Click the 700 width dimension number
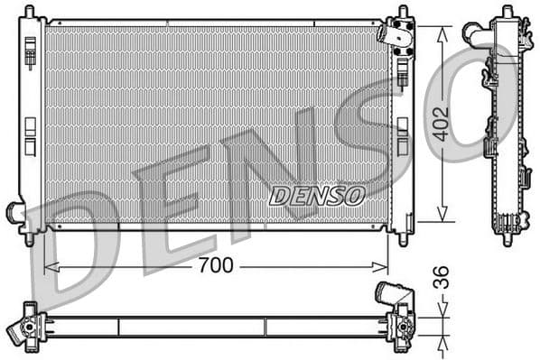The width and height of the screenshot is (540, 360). click(215, 265)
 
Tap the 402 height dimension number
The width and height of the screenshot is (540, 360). click(440, 124)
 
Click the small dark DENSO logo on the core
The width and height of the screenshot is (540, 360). click(316, 195)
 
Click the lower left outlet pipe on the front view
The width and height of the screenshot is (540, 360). click(15, 214)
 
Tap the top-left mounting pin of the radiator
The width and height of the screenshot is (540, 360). click(30, 12)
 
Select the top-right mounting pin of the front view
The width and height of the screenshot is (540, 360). click(403, 12)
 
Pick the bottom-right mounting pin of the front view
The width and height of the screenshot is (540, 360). click(403, 240)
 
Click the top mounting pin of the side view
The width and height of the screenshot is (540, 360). click(504, 11)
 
